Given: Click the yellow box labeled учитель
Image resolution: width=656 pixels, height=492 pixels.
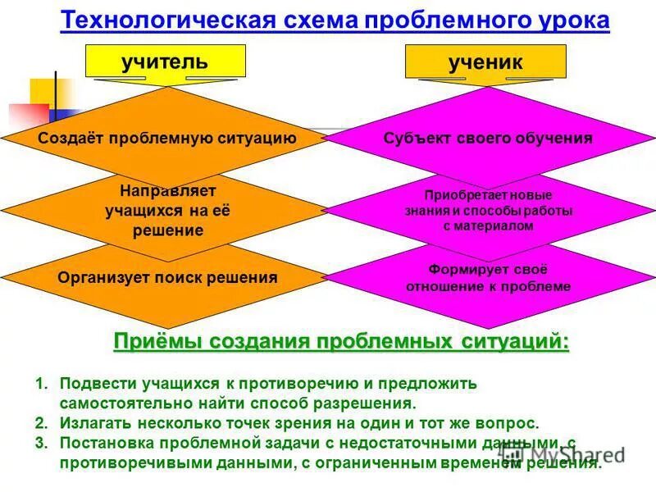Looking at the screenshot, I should tap(165, 61).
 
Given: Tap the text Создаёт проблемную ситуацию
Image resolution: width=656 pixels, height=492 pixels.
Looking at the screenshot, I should tap(166, 138).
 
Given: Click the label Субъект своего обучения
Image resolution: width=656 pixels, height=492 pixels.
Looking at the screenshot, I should tap(488, 138).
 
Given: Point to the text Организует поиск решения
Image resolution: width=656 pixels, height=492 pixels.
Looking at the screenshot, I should tap(167, 277).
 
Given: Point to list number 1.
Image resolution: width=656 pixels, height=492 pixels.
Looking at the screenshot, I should tap(40, 384).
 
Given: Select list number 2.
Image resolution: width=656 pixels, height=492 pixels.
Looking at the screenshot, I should tap(40, 423).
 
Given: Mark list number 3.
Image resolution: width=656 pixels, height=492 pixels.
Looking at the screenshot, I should tap(40, 444).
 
